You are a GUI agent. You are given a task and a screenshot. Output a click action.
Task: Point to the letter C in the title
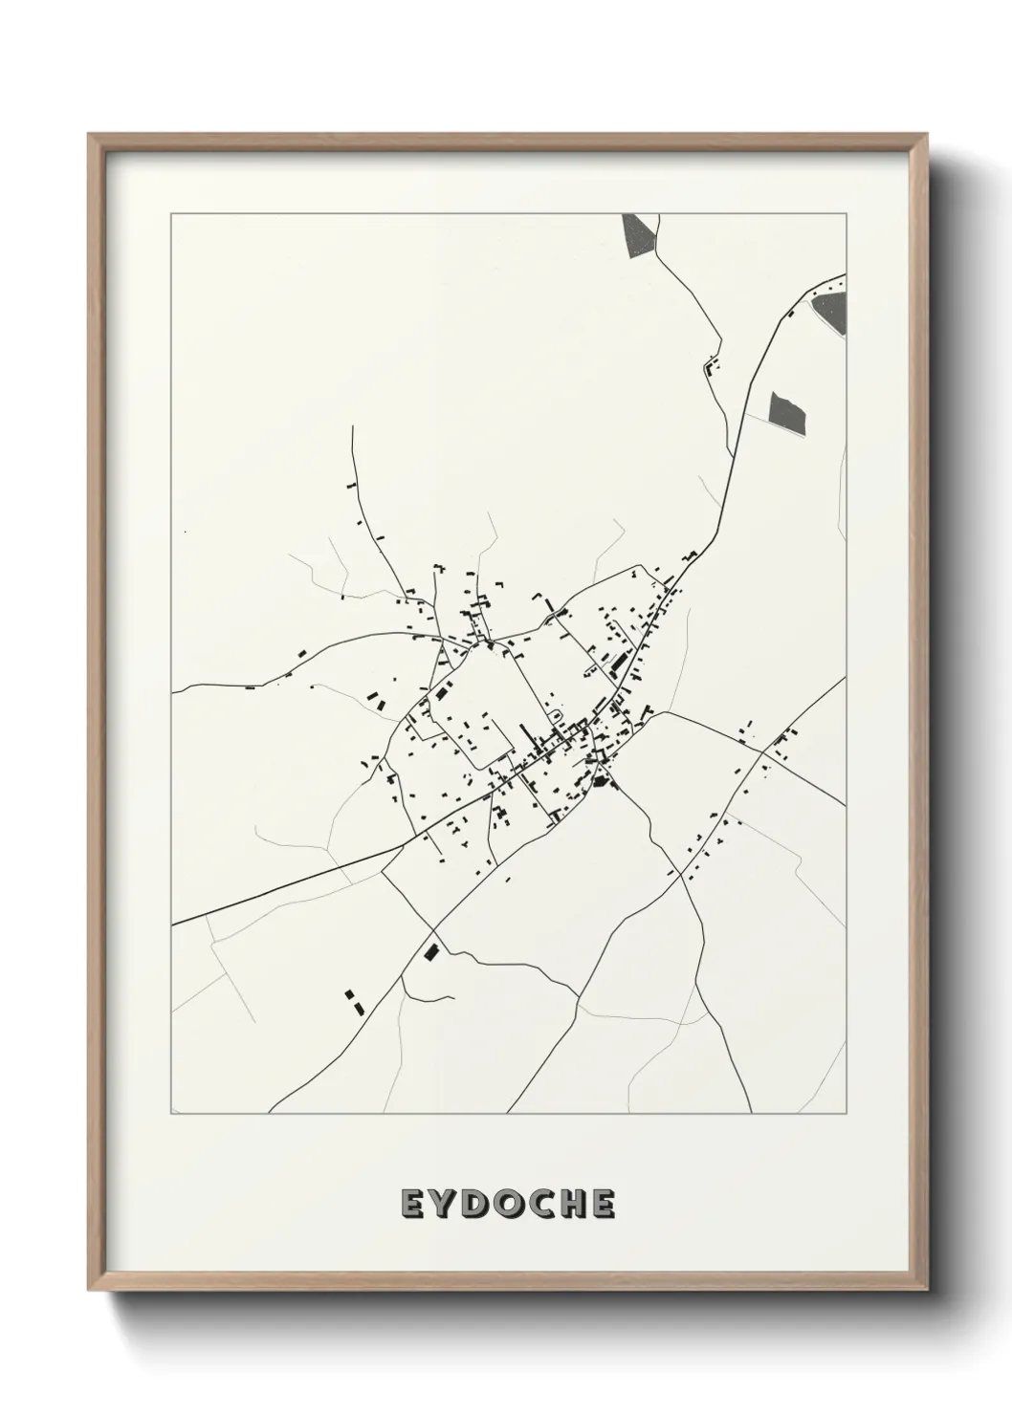540,1205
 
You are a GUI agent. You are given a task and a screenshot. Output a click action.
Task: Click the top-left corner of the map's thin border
171,214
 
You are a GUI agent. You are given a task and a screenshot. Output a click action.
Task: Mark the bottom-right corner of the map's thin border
846,1113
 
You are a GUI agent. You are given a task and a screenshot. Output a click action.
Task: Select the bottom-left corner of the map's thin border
171,1113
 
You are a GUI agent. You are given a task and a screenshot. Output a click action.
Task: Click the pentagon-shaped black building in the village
602,783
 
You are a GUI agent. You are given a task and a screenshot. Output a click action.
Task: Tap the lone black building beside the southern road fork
430,951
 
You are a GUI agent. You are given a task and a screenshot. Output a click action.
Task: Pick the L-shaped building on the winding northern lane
711,365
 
